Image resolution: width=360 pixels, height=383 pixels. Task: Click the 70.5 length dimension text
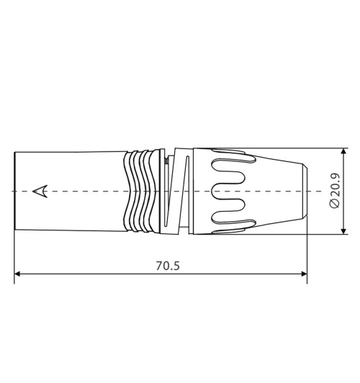168,265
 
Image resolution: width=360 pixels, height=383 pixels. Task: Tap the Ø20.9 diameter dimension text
332,191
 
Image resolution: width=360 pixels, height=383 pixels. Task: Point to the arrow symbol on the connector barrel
42,191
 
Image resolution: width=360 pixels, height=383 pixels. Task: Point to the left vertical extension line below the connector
14,256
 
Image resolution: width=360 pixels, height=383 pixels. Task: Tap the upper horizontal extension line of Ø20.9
328,149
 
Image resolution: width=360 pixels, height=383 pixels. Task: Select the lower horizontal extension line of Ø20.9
328,234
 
